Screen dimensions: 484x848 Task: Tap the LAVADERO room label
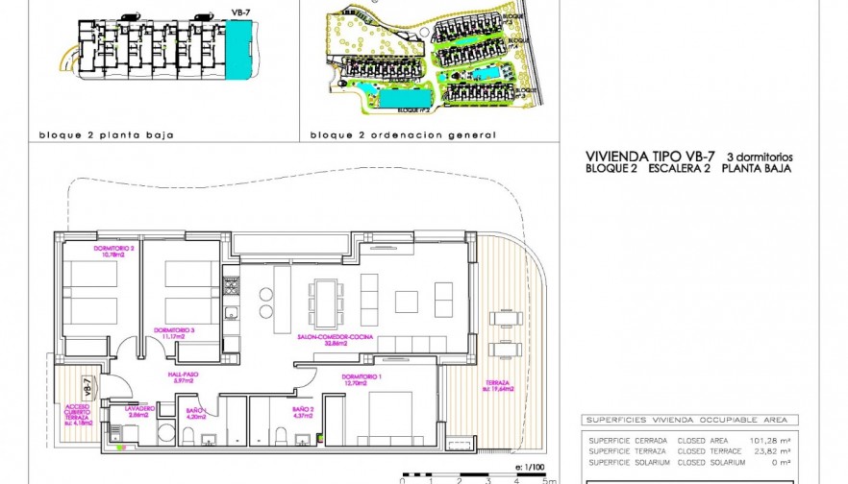(139, 411)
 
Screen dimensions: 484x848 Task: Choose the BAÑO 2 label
(304, 412)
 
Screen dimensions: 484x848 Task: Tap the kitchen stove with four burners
(231, 285)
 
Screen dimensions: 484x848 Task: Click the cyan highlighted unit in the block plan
(236, 50)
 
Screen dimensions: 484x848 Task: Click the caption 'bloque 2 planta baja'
(106, 135)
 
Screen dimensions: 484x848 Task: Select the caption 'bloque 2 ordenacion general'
(376, 135)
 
